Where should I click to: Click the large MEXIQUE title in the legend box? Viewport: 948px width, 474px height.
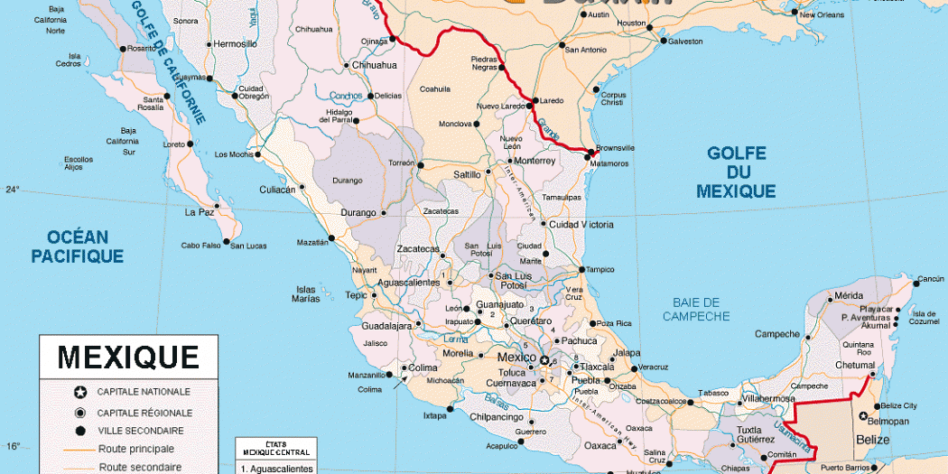128,357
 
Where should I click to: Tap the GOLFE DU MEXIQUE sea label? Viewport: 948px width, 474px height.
736,172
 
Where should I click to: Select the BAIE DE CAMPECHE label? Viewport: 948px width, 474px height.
696,309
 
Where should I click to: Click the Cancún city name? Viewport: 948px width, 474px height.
931,279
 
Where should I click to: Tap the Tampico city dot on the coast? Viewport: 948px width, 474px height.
580,269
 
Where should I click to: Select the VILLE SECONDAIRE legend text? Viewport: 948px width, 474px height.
141,431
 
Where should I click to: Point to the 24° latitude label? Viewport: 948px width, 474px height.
13,190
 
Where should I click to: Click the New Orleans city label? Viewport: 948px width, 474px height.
822,15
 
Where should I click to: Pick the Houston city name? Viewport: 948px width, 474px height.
631,23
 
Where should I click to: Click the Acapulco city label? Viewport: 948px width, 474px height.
503,445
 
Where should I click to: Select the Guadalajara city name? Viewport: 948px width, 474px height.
386,325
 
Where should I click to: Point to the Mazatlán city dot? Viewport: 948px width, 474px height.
331,237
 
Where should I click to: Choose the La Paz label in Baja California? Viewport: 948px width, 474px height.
199,212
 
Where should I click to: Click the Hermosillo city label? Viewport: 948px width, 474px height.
236,43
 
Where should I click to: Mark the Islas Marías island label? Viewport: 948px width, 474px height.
305,294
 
